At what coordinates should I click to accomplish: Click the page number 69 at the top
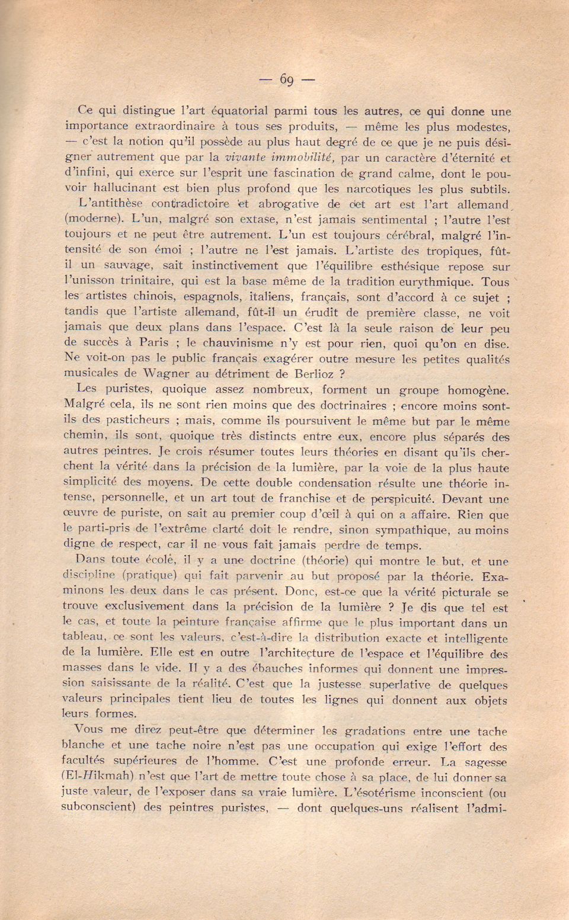click(x=287, y=79)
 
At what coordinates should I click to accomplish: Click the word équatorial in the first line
click(x=236, y=111)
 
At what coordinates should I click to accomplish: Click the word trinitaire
click(x=146, y=281)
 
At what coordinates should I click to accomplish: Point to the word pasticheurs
click(x=138, y=421)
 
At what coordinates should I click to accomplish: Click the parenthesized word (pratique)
click(x=149, y=576)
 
